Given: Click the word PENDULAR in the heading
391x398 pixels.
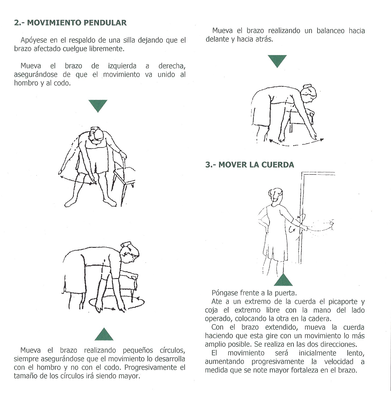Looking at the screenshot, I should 105,23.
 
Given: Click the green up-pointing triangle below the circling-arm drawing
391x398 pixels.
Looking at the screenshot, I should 104,334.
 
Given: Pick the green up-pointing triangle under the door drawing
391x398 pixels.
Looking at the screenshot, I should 283,280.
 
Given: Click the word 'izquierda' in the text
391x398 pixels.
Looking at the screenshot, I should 122,66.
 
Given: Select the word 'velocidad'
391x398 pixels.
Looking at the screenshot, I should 339,362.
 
